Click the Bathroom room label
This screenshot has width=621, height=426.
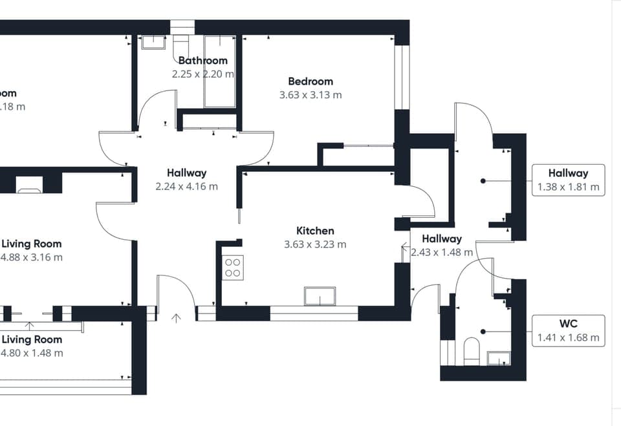(203, 61)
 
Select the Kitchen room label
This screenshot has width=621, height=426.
(315, 231)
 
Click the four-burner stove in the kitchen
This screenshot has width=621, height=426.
(233, 268)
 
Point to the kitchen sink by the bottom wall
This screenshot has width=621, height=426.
(320, 296)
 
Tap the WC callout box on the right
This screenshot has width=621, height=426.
(568, 331)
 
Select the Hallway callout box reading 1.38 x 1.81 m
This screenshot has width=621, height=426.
(568, 180)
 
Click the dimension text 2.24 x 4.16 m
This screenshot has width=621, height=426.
(186, 187)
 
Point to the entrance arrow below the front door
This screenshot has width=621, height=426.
(176, 317)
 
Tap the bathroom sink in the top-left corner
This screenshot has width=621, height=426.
(154, 42)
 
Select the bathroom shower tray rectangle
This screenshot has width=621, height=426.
(219, 71)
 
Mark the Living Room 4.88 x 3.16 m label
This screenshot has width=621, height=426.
(32, 250)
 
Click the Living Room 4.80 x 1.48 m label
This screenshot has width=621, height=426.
(32, 346)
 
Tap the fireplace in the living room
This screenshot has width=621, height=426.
(30, 184)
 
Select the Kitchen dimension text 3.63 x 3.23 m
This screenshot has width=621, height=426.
(315, 244)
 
